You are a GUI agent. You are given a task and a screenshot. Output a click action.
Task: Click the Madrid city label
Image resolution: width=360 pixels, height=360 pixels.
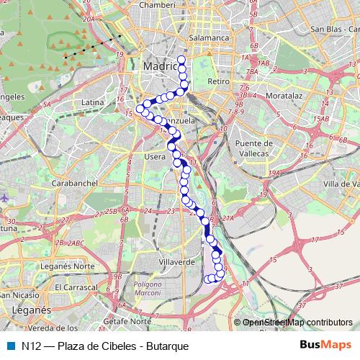coord(160,66)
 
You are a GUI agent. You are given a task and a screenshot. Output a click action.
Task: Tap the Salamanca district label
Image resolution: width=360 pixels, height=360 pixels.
coord(207,37)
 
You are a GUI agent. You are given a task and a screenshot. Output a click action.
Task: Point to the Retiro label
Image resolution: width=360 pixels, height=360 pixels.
coord(217,82)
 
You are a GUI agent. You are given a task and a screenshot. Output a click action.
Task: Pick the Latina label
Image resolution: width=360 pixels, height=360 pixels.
coord(93,103)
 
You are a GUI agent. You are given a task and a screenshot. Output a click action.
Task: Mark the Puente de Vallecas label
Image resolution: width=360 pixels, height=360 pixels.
coord(252,148)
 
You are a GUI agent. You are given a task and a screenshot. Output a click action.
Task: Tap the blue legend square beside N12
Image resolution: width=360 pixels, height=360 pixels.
coord(9,346)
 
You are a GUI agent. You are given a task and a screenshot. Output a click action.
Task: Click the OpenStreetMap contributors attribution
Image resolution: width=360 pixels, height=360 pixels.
coord(296,323)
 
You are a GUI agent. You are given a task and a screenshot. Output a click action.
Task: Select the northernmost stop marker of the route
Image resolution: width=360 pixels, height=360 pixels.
coord(181,60)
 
